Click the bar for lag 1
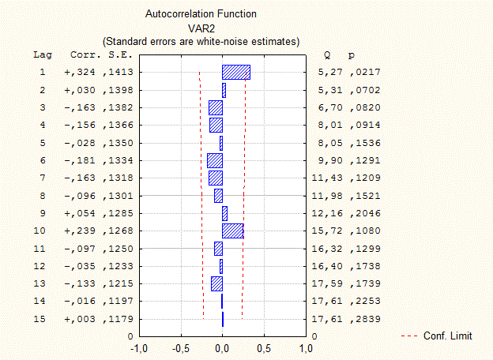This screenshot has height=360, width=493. point(236,73)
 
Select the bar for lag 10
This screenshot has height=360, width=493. point(233,231)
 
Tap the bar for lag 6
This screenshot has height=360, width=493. point(215,160)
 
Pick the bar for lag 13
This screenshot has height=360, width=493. point(216,283)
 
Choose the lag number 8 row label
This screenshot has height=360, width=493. point(43,196)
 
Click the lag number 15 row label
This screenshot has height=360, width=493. point(43,319)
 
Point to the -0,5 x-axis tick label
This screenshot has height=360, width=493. point(181,347)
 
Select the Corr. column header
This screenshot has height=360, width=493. point(85,55)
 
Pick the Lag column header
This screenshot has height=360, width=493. point(43,55)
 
